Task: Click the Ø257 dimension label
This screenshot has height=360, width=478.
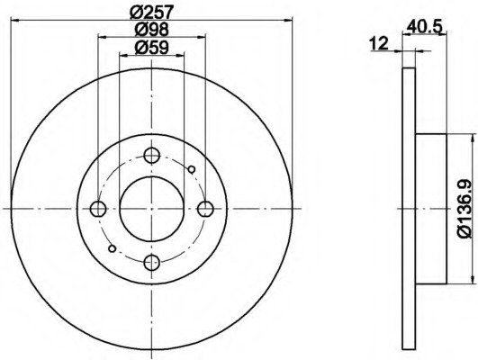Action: [151, 12]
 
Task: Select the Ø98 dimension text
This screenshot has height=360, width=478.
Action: [151, 30]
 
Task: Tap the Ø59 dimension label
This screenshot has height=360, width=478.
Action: [151, 48]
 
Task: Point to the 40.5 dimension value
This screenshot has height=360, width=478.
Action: [424, 27]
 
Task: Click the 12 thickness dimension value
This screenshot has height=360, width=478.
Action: [379, 43]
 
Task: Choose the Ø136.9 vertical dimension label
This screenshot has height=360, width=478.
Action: [465, 209]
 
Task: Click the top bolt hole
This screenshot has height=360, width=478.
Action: [151, 155]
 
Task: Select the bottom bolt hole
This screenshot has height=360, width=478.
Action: [151, 263]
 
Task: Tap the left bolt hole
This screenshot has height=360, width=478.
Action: [98, 209]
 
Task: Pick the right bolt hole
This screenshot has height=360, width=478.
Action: [205, 209]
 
